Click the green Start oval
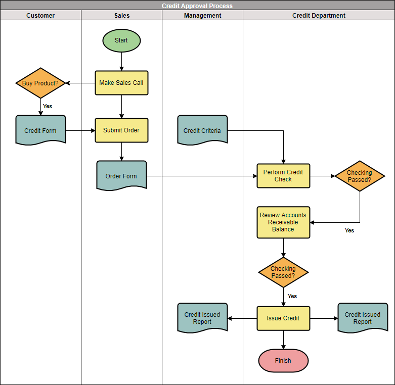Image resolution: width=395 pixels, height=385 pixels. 121,40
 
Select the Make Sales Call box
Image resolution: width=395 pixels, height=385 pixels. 121,83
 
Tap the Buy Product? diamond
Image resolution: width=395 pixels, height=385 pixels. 40,83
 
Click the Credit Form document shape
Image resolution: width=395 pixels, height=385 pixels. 40,130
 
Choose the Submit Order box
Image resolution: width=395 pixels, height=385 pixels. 121,130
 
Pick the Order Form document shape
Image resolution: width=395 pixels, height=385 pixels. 121,176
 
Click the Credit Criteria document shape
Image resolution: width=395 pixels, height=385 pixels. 202,130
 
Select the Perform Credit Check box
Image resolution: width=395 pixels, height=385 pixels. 283,176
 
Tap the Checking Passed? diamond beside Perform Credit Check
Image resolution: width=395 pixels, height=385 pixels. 360,176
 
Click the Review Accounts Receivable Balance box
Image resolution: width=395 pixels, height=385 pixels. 283,222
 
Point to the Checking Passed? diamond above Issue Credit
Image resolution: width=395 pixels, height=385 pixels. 283,272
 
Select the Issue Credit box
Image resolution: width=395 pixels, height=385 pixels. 283,318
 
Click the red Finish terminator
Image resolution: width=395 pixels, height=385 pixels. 283,361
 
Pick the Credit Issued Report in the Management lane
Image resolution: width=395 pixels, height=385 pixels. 202,318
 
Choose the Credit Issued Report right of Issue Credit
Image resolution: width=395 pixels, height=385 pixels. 363,318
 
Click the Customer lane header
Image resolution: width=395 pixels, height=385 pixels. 40,16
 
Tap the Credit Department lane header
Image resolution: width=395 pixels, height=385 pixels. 319,16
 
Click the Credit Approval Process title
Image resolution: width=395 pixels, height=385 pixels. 197,6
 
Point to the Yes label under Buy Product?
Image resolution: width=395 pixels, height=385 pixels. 48,106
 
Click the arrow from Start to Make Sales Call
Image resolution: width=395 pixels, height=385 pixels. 121,62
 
